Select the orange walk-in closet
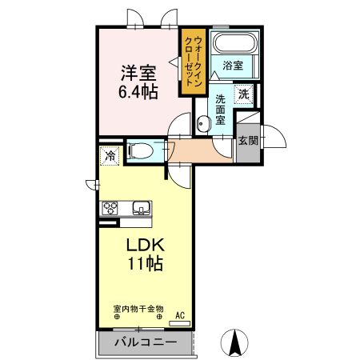194,61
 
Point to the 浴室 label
233,65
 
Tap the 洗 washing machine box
244,94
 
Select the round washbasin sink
202,122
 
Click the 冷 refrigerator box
108,155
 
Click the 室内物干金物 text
138,308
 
